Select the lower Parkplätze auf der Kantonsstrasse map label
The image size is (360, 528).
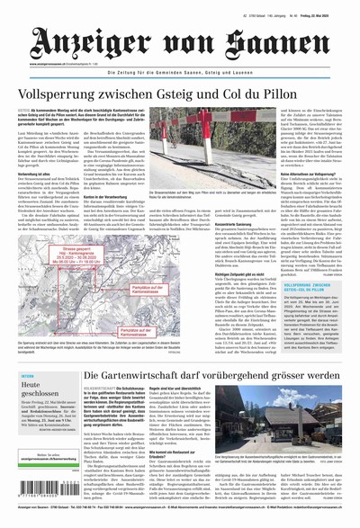point(139,334)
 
